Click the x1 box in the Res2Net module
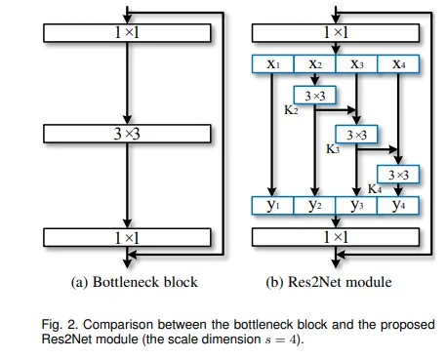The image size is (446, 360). tap(273, 64)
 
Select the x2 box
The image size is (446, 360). tap(314, 64)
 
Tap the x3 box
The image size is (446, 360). tap(356, 64)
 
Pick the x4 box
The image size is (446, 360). tap(398, 64)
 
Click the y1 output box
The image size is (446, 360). tap(272, 206)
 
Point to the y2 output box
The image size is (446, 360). tap(314, 206)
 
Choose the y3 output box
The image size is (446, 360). tap(356, 206)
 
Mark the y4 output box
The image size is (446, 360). tap(398, 206)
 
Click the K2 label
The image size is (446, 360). tap(291, 110)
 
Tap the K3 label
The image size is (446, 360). tap(333, 149)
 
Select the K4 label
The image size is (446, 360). tap(375, 188)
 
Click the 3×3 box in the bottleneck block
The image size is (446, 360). tap(127, 134)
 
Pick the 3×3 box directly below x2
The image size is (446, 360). tap(314, 96)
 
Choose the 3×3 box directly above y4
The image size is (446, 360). tap(398, 175)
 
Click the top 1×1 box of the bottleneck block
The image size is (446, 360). tap(127, 33)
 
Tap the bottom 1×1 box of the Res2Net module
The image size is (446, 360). tap(336, 237)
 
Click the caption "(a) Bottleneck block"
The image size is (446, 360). tap(134, 282)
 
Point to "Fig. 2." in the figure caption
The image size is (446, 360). tap(61, 325)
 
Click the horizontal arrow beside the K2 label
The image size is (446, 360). tap(336, 110)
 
